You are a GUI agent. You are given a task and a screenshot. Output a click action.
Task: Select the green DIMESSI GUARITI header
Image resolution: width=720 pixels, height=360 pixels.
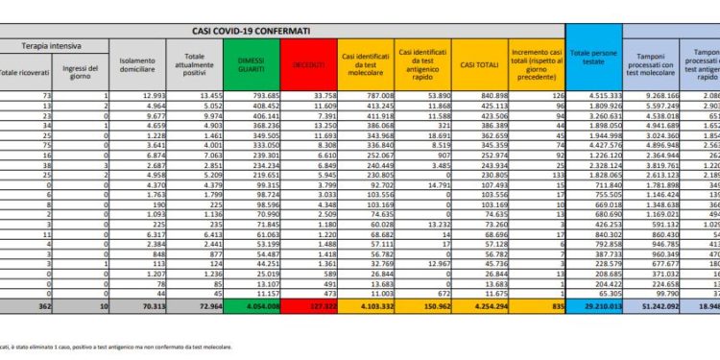[253, 65]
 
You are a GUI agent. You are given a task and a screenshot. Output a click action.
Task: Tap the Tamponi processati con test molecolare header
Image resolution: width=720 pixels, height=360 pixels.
[654, 65]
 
